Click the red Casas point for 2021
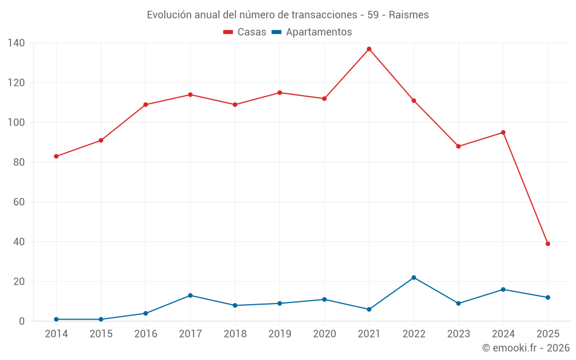[x=369, y=49]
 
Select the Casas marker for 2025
[x=548, y=244]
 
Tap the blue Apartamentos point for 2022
[x=414, y=278]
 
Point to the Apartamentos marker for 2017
[x=190, y=295]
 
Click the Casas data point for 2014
[x=56, y=156]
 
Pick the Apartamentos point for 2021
[x=369, y=309]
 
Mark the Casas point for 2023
[x=458, y=146]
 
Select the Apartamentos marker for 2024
[x=503, y=289]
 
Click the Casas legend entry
[x=245, y=32]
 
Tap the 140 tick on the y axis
[x=17, y=43]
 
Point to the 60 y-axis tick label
[x=19, y=202]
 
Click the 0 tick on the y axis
[x=21, y=321]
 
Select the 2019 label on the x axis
[x=280, y=334]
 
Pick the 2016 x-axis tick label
[x=146, y=334]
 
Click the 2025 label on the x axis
[x=548, y=334]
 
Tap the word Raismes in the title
[x=408, y=15]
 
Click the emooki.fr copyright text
[x=525, y=348]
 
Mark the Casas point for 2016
[x=146, y=105]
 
